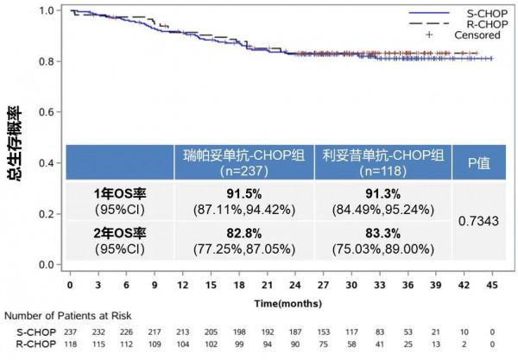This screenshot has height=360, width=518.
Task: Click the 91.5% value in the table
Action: pos(243,197)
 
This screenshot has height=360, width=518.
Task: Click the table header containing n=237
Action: pos(243,162)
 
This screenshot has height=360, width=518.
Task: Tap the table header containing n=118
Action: pos(382,162)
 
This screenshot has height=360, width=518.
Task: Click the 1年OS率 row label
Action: pos(119,197)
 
